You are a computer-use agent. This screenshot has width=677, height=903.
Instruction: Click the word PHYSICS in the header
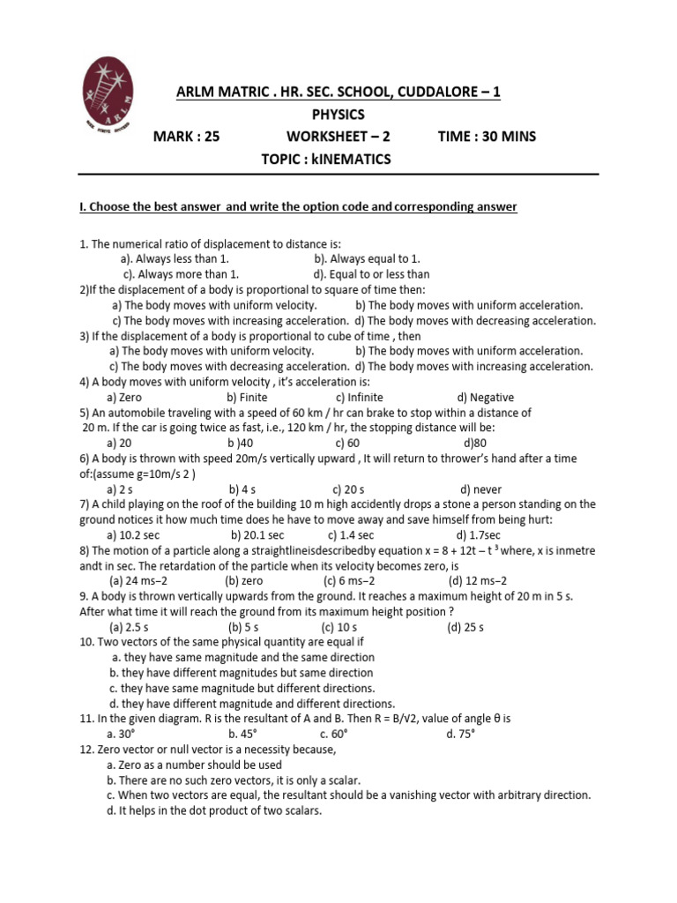(x=338, y=115)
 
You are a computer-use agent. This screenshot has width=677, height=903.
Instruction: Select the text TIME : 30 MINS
(x=487, y=137)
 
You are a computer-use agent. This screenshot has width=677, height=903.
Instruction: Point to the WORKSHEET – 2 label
(x=338, y=137)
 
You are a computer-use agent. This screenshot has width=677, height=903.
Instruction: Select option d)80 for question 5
(x=474, y=444)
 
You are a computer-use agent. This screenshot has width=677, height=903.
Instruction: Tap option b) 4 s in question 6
(x=242, y=489)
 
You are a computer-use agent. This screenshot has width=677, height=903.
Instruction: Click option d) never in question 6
(x=480, y=489)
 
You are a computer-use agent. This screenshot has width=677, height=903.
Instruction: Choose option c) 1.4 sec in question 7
(x=351, y=535)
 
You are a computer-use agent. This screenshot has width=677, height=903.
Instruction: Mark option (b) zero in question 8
(x=244, y=581)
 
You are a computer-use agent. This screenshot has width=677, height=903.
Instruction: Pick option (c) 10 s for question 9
(x=341, y=627)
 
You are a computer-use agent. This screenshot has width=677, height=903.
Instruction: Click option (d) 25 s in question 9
(x=465, y=627)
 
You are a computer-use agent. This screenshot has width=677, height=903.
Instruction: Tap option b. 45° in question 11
(x=242, y=734)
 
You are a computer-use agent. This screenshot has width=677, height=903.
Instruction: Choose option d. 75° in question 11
(x=462, y=734)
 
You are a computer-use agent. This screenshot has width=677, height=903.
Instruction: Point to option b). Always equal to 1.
(x=367, y=259)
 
